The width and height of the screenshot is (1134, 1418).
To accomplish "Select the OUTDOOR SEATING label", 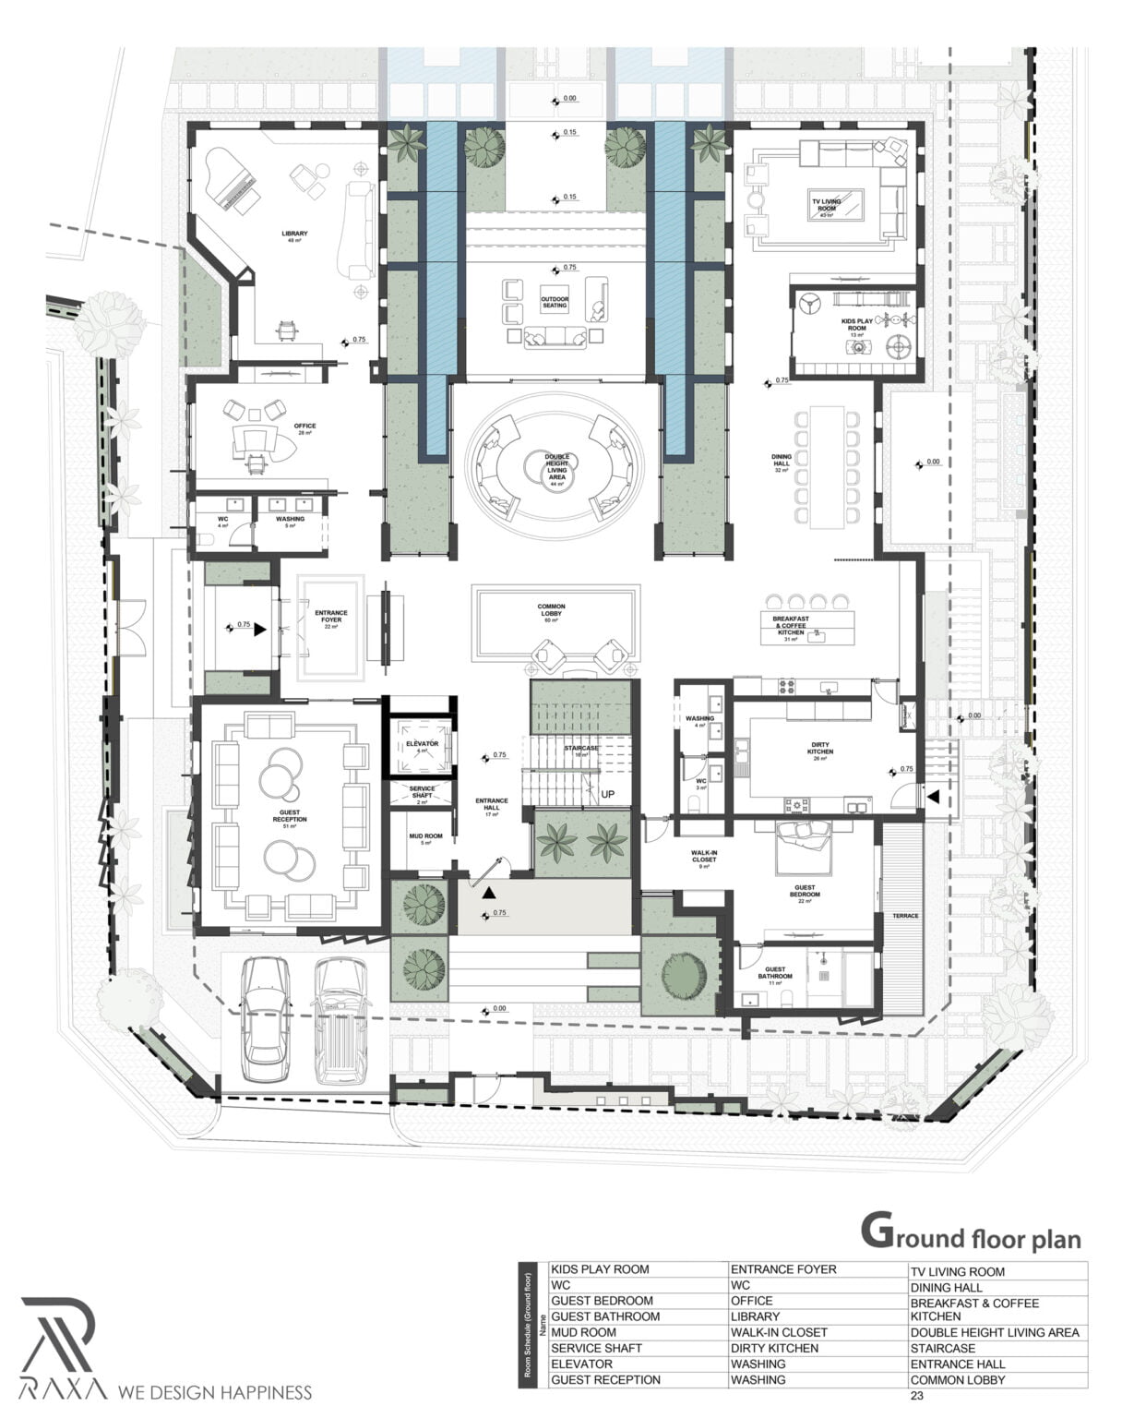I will [x=555, y=302].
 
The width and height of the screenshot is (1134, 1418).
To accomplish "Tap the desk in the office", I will [x=260, y=440].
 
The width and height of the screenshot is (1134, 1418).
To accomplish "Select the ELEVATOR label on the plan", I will [x=422, y=743].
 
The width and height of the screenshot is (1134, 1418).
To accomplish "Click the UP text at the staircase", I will [x=608, y=794].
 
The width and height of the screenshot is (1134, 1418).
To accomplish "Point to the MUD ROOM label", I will [x=425, y=837].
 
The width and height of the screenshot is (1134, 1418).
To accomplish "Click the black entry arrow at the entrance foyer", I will [x=260, y=628].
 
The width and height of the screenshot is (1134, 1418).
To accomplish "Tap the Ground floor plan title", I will [x=970, y=1234].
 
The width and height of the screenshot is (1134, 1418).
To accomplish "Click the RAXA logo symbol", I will [x=57, y=1330].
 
